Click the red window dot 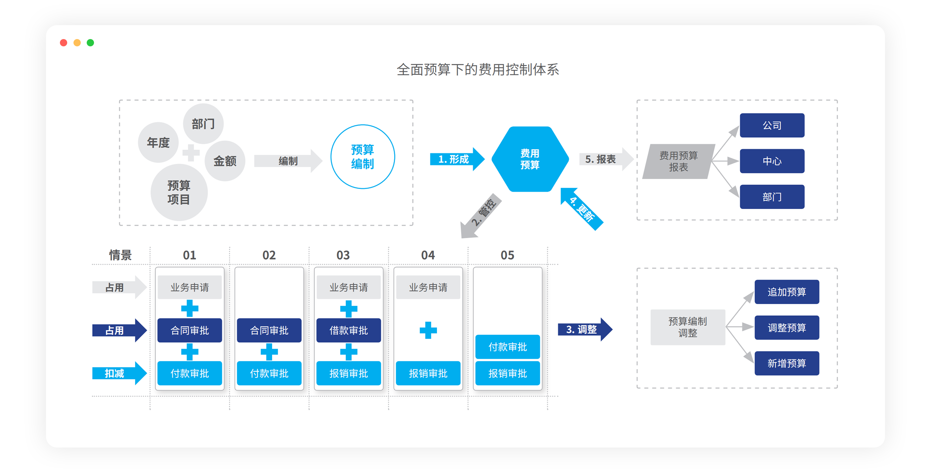pyautogui.click(x=63, y=43)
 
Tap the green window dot pyautogui.click(x=90, y=43)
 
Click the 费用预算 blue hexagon pyautogui.click(x=530, y=159)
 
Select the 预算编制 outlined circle pyautogui.click(x=362, y=157)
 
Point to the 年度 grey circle pyautogui.click(x=158, y=143)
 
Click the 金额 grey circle pyautogui.click(x=225, y=161)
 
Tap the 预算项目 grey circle pyautogui.click(x=179, y=192)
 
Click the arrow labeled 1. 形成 pyautogui.click(x=456, y=159)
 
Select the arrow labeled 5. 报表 pyautogui.click(x=604, y=159)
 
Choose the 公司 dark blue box pyautogui.click(x=772, y=125)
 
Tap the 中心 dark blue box pyautogui.click(x=772, y=161)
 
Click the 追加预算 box pyautogui.click(x=787, y=292)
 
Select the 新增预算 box pyautogui.click(x=787, y=363)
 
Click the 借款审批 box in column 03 pyautogui.click(x=349, y=330)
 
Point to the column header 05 pyautogui.click(x=507, y=255)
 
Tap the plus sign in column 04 pyautogui.click(x=428, y=330)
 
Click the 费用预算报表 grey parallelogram pyautogui.click(x=678, y=162)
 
